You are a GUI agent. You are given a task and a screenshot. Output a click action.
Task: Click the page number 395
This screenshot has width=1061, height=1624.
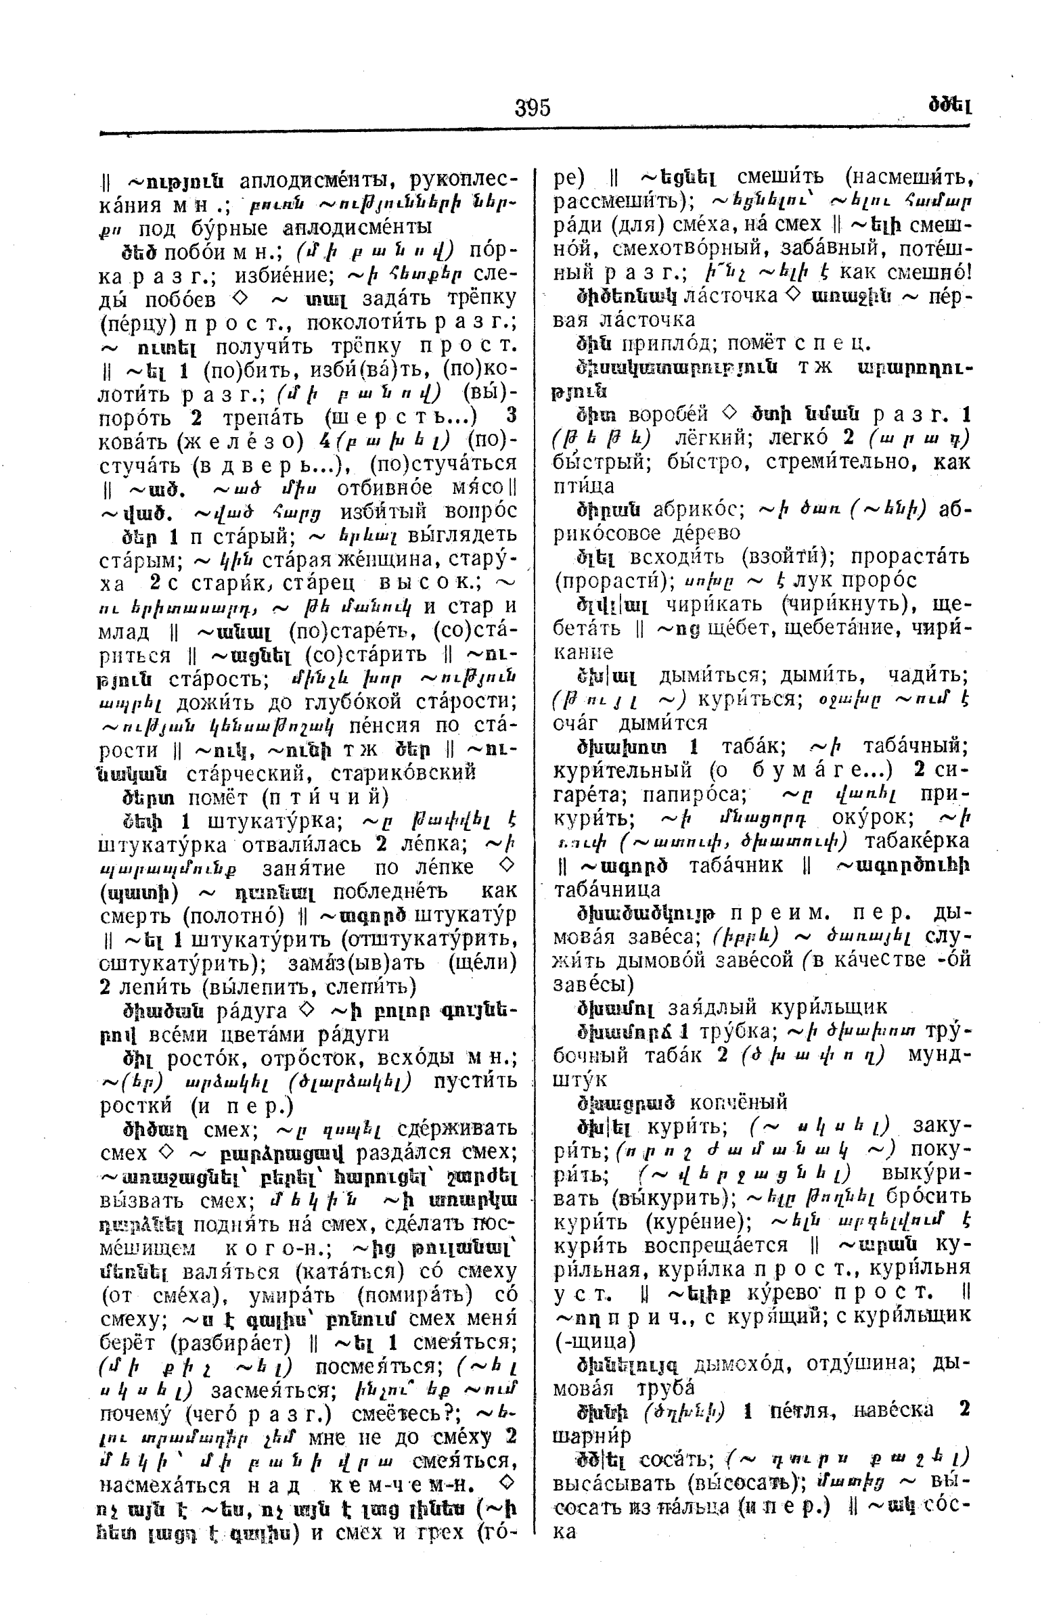click(533, 108)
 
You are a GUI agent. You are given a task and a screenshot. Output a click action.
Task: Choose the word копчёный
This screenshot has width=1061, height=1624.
click(738, 1102)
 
